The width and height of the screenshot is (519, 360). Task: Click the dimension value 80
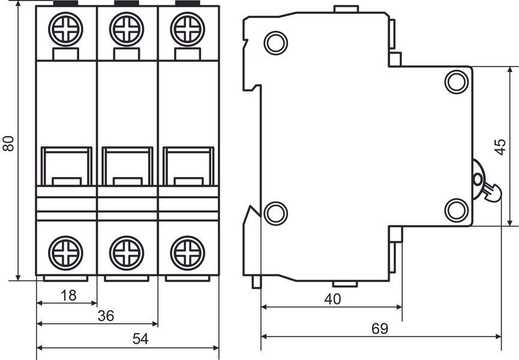pyautogui.click(x=8, y=143)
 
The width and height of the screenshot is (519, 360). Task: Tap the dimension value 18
pyautogui.click(x=68, y=295)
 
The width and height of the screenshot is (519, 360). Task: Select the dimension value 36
pyautogui.click(x=106, y=316)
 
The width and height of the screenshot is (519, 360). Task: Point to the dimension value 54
pyautogui.click(x=140, y=339)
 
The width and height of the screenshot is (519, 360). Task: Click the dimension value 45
pyautogui.click(x=500, y=147)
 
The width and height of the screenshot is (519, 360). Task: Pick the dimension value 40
pyautogui.click(x=332, y=299)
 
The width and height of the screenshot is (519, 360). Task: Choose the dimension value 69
pyautogui.click(x=379, y=329)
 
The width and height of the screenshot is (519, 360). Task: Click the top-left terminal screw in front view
pyautogui.click(x=65, y=29)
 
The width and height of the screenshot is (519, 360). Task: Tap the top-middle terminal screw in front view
pyautogui.click(x=127, y=29)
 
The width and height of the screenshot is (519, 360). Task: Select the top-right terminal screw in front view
pyautogui.click(x=188, y=29)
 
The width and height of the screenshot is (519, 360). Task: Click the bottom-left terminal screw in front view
pyautogui.click(x=65, y=253)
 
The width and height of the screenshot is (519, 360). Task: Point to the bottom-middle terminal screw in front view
pyautogui.click(x=127, y=253)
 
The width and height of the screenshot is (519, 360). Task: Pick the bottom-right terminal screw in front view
pyautogui.click(x=188, y=253)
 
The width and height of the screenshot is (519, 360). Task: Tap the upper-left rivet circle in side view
pyautogui.click(x=276, y=43)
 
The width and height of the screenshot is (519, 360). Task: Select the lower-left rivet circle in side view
pyautogui.click(x=276, y=214)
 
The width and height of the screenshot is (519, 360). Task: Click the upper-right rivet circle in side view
pyautogui.click(x=457, y=82)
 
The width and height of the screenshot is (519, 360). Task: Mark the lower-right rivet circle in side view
pyautogui.click(x=457, y=210)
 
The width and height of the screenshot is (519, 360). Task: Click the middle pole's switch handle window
pyautogui.click(x=127, y=166)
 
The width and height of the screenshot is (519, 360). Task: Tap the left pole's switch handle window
pyautogui.click(x=67, y=166)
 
